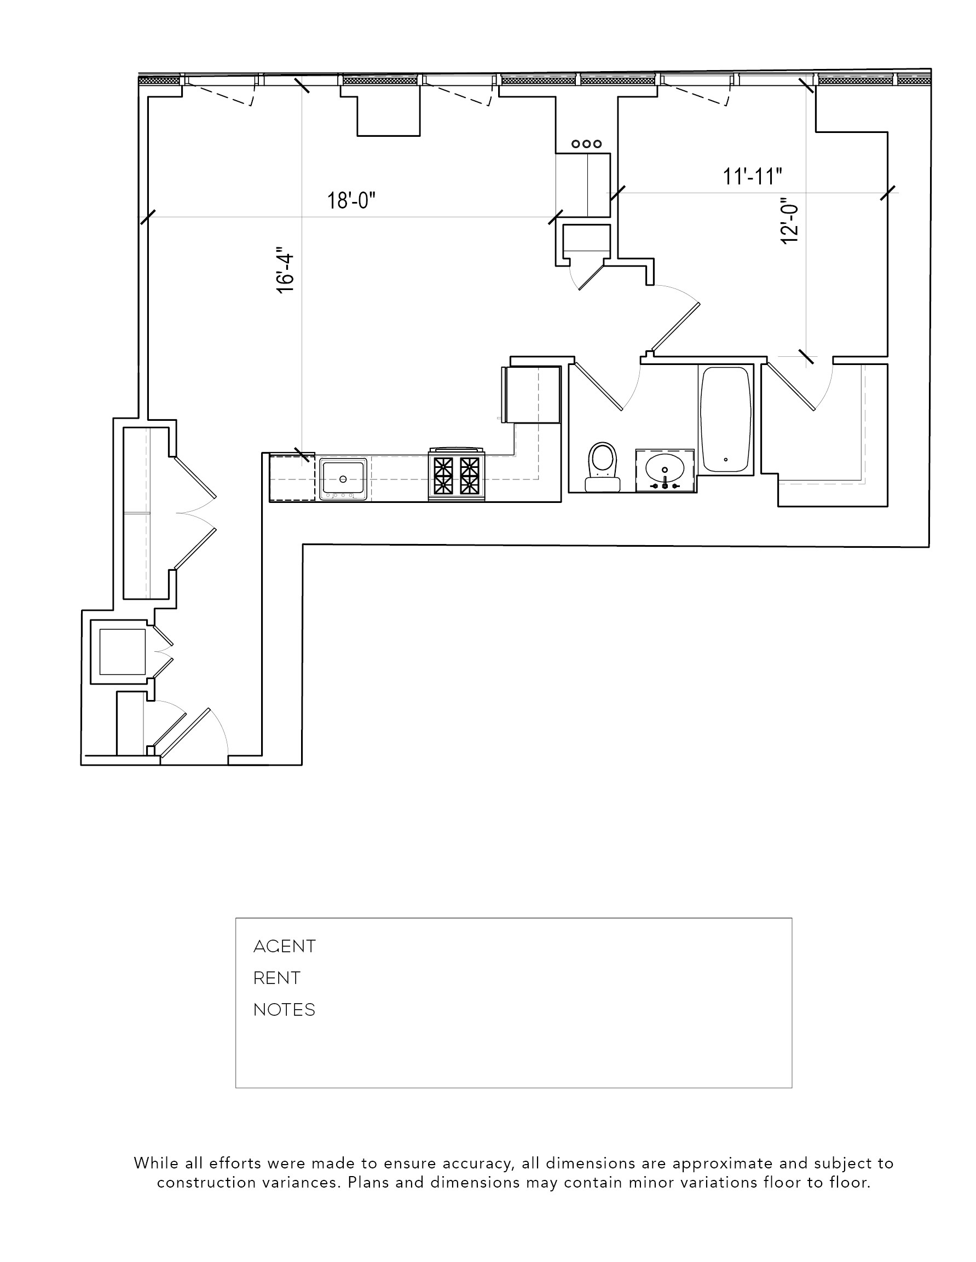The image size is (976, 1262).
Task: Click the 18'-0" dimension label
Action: pos(351,200)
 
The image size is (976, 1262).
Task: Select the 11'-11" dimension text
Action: pos(752,176)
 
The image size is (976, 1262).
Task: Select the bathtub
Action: pos(726,419)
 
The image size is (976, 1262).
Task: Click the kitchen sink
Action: pos(344,478)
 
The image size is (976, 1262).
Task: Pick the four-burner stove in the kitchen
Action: pos(457,475)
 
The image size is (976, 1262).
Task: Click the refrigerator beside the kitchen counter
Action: pos(532,394)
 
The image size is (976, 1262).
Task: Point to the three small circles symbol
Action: pos(586,144)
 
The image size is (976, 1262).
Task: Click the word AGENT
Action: pos(284,946)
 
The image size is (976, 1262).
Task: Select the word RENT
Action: pos(277,978)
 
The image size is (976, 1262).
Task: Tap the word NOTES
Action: pos(284,1010)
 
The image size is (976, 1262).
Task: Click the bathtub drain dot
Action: pos(726,460)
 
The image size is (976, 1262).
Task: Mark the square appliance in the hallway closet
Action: pos(122,652)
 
